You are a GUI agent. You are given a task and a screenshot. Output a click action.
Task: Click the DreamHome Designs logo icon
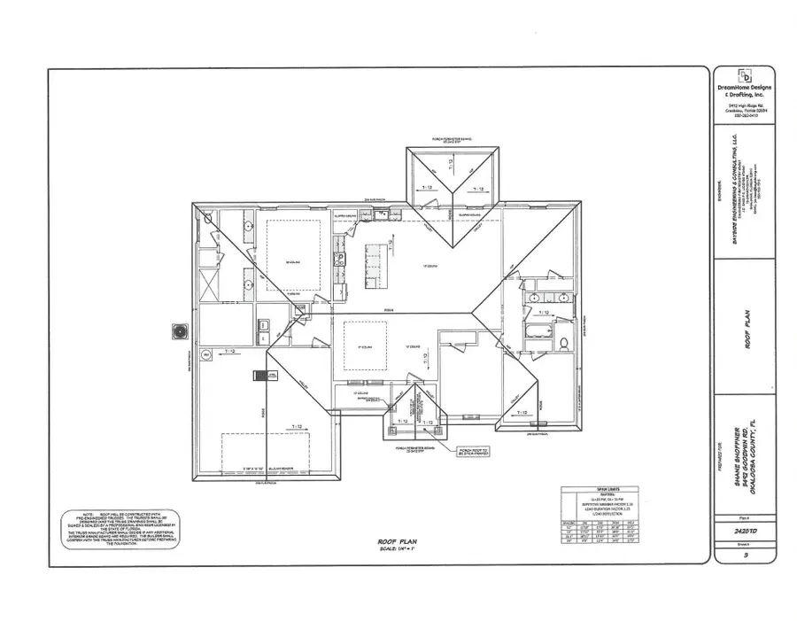pyautogui.click(x=745, y=75)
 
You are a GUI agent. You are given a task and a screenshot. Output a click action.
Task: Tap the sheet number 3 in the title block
pyautogui.click(x=747, y=555)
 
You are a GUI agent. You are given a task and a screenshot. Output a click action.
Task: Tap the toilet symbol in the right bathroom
pyautogui.click(x=562, y=342)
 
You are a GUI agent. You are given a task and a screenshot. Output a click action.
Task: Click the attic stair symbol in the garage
pyautogui.click(x=262, y=376)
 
